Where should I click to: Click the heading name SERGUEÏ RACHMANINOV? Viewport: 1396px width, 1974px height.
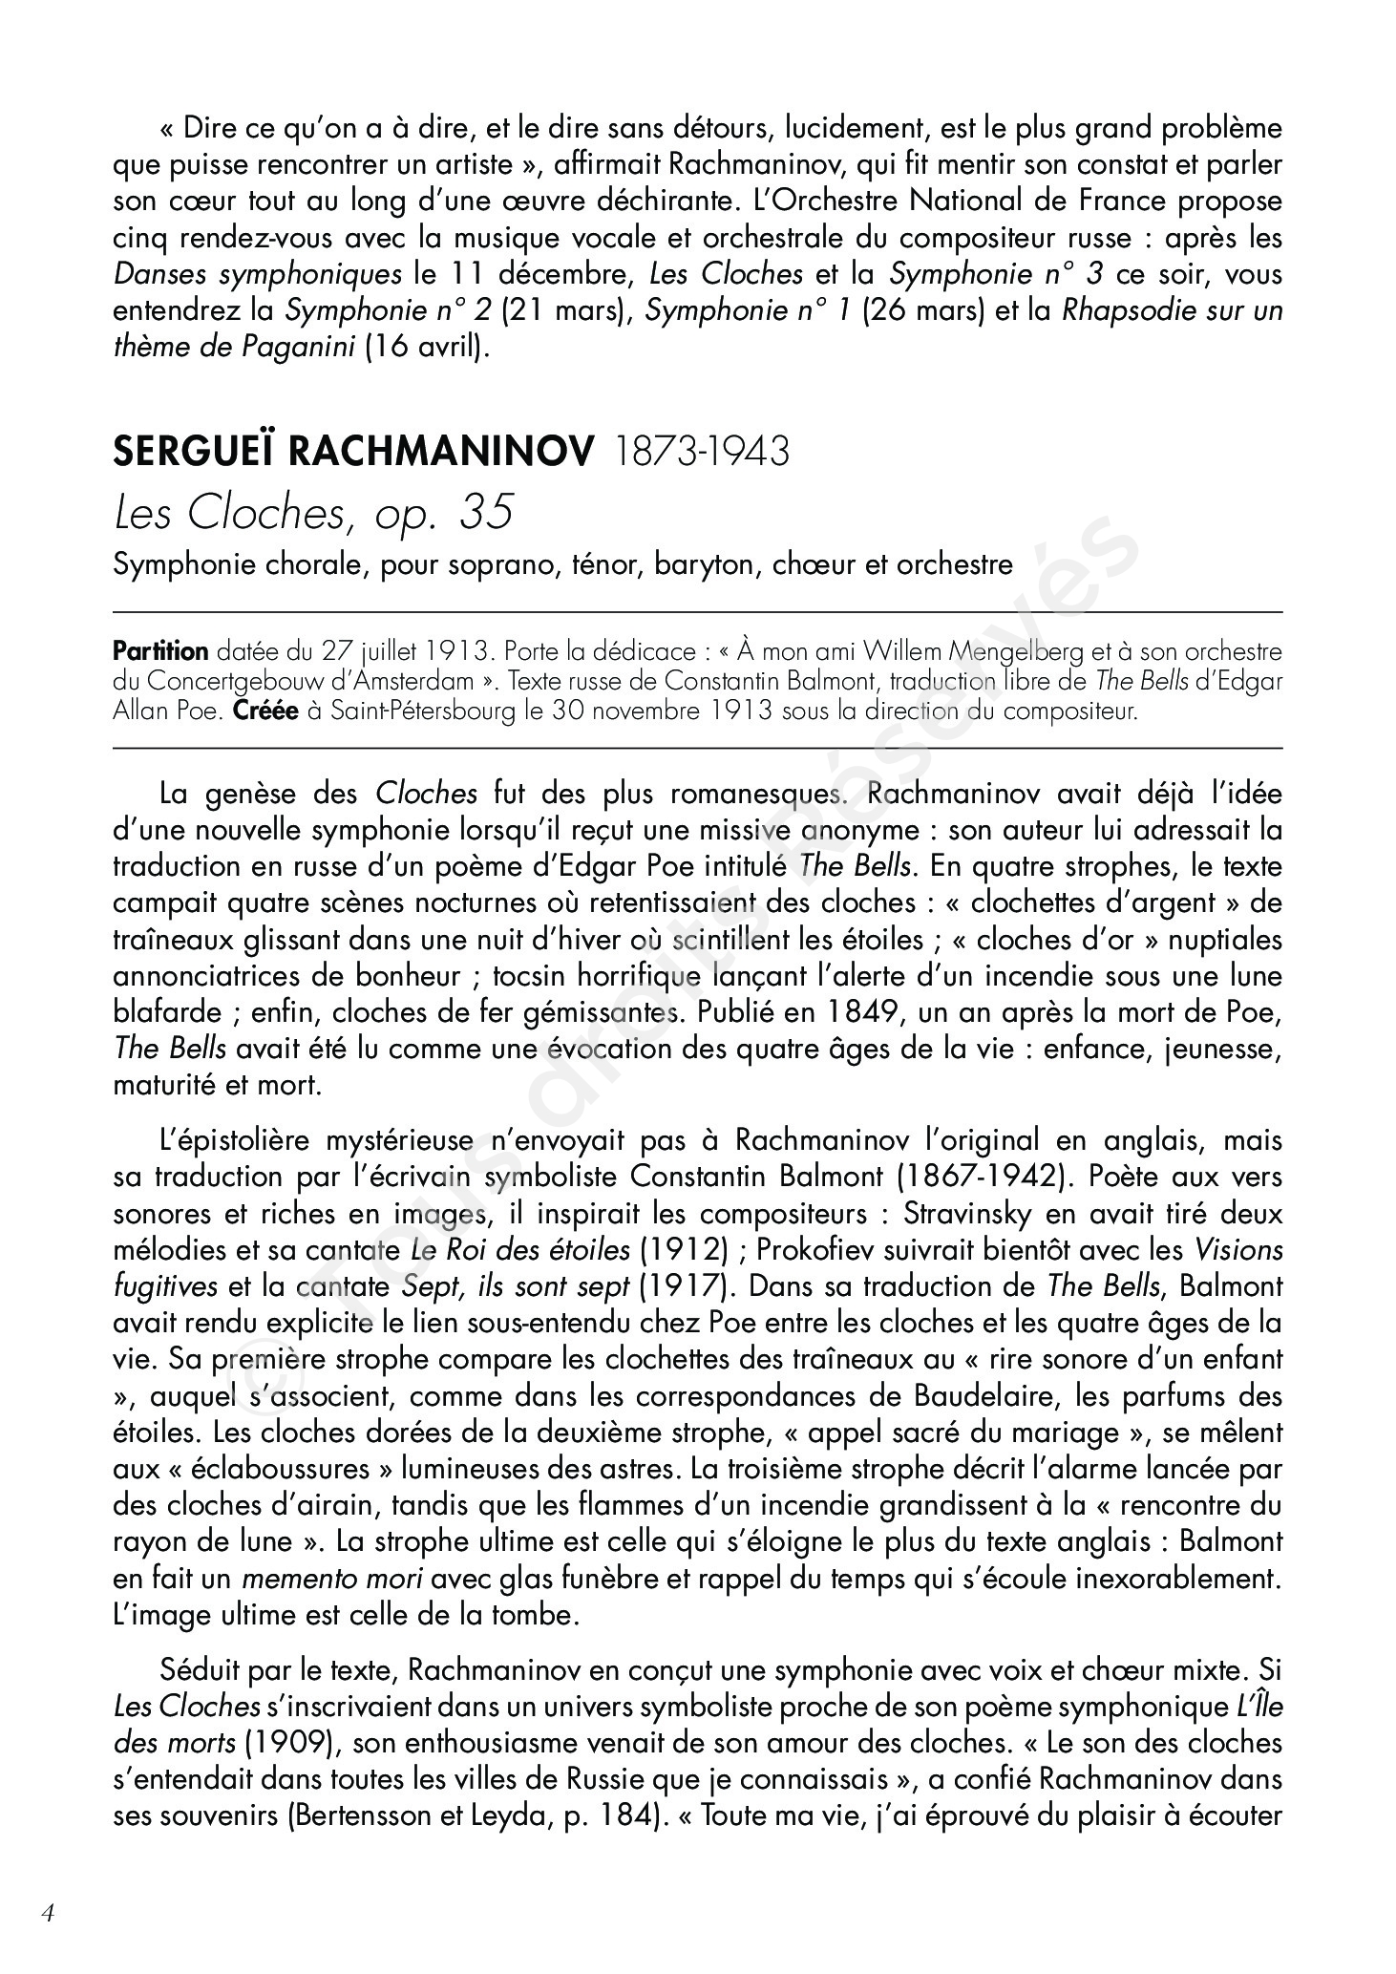[x=352, y=452]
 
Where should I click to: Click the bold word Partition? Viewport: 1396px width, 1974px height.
[x=160, y=652]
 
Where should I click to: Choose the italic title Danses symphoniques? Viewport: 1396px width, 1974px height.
[x=258, y=275]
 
